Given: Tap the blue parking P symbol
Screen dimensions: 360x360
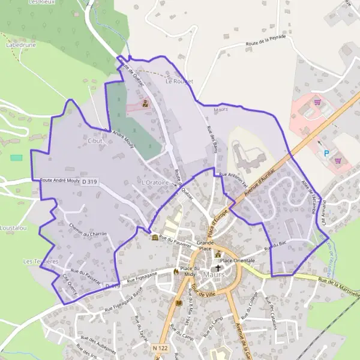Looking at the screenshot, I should tap(326, 154).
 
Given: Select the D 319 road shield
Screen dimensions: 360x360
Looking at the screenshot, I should tap(89, 181).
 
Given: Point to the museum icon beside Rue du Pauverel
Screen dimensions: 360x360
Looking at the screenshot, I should tap(155, 238).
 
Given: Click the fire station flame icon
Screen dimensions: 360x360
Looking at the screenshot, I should tap(176, 271).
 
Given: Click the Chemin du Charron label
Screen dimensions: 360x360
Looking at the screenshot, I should tap(88, 231).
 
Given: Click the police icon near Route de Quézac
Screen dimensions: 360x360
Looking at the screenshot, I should tap(145, 103).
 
